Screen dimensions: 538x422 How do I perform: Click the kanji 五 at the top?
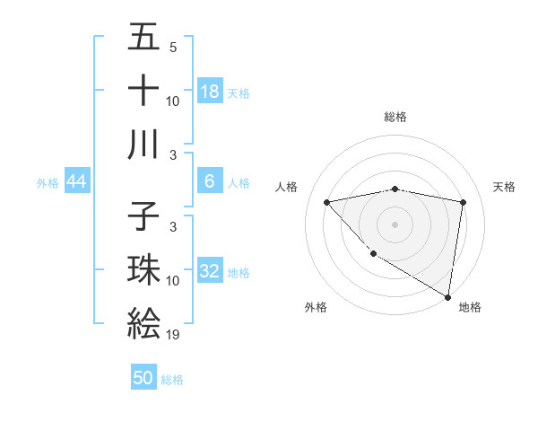coord(143,38)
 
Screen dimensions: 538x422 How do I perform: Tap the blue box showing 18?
coord(210,91)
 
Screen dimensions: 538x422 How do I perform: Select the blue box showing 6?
coord(210,181)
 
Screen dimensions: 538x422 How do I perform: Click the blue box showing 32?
coord(210,271)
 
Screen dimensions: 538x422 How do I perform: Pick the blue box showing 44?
coord(76,181)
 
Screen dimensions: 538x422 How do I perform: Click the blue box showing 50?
coord(143,378)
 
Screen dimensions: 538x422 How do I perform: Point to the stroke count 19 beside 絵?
coord(173,335)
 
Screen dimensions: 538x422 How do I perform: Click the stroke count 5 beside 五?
coord(172,47)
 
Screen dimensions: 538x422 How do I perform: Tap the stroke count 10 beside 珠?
coord(173,281)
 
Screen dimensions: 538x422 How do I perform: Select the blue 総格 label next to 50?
coord(172,380)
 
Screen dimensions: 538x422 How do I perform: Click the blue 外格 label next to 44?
coord(48,183)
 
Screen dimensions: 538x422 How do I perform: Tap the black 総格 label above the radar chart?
coord(395,117)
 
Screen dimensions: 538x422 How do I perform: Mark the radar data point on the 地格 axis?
coord(447,296)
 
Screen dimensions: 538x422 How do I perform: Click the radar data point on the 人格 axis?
coord(327,202)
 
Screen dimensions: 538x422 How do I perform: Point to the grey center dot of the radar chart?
coord(395,224)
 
